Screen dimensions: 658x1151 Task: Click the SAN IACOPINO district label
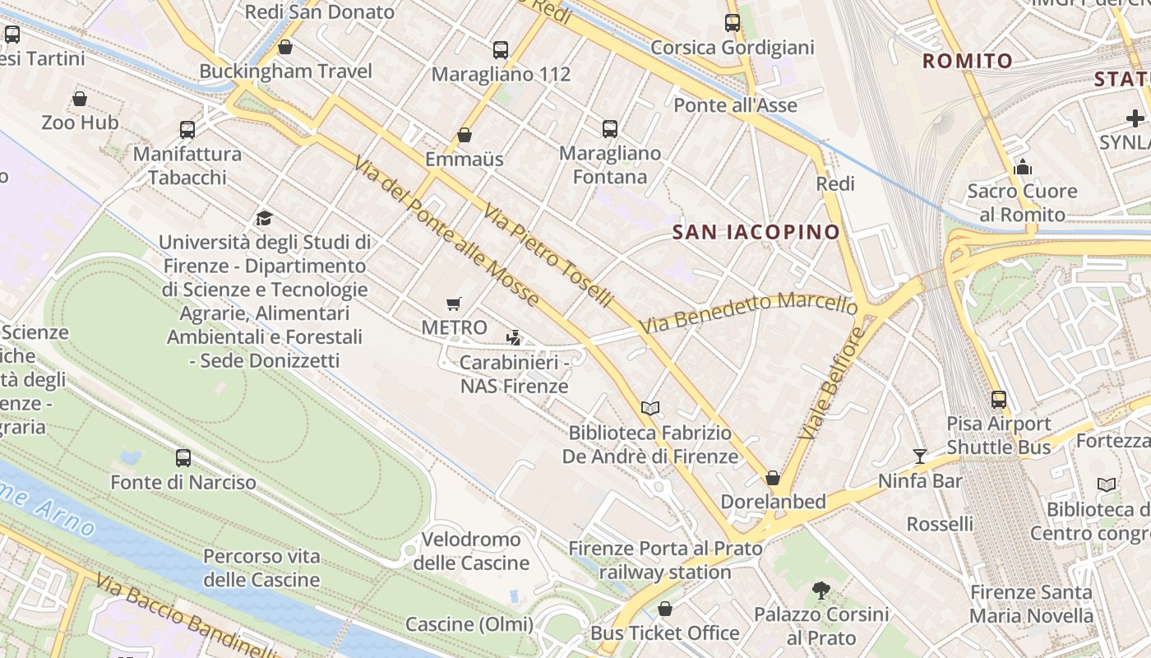tap(756, 232)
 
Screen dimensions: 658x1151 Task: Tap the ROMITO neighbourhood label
tap(967, 61)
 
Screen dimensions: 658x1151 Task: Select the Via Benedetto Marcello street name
tap(749, 313)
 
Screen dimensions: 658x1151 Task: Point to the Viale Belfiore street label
tap(831, 382)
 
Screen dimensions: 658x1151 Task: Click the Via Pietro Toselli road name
tap(548, 256)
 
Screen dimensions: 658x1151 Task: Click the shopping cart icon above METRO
tap(453, 304)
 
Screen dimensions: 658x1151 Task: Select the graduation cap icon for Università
tap(264, 218)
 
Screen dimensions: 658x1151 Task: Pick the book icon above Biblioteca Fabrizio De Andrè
tap(649, 408)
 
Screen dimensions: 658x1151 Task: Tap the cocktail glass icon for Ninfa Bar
tap(920, 456)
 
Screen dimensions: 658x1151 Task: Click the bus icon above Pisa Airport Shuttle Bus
tap(999, 400)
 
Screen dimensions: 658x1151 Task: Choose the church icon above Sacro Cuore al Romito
tap(1023, 167)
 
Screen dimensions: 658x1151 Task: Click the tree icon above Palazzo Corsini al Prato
tap(820, 590)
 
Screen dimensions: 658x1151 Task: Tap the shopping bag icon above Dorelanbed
tap(772, 478)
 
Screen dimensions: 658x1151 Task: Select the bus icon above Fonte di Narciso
tap(183, 458)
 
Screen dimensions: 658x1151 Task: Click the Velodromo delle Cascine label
tap(471, 551)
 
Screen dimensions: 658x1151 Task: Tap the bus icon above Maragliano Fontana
tap(609, 129)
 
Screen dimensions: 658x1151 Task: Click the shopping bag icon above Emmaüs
tap(465, 135)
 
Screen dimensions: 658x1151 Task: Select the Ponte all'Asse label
tap(735, 105)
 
